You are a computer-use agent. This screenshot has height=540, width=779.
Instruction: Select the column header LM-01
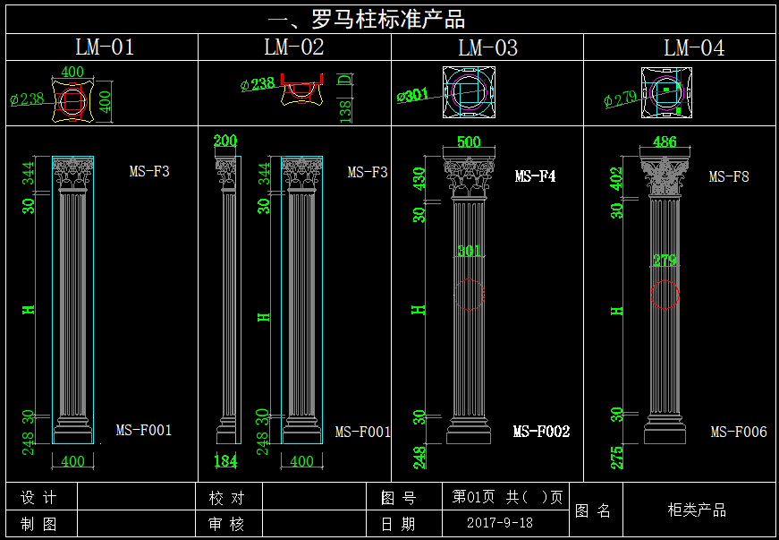pyautogui.click(x=105, y=47)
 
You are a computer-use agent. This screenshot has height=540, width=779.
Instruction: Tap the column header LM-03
pyautogui.click(x=487, y=48)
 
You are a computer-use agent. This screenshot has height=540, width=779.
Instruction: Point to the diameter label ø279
pyautogui.click(x=620, y=98)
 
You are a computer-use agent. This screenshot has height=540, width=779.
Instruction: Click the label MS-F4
pyautogui.click(x=535, y=176)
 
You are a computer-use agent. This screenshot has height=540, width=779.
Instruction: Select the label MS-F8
pyautogui.click(x=728, y=176)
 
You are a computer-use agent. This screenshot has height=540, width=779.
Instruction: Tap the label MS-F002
pyautogui.click(x=541, y=432)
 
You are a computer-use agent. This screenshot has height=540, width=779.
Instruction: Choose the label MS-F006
pyautogui.click(x=739, y=432)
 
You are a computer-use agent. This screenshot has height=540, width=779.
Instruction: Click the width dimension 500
pyautogui.click(x=469, y=142)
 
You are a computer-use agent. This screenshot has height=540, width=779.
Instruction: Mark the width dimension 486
pyautogui.click(x=665, y=142)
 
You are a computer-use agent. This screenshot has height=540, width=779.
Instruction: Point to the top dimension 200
pyautogui.click(x=226, y=141)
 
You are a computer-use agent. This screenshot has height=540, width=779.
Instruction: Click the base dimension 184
pyautogui.click(x=226, y=461)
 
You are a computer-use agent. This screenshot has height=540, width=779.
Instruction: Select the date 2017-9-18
pyautogui.click(x=500, y=523)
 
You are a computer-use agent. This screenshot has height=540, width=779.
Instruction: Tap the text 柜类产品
pyautogui.click(x=698, y=510)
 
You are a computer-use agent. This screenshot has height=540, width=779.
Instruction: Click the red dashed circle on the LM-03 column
pyautogui.click(x=470, y=294)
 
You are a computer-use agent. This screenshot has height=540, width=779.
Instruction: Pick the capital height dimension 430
pyautogui.click(x=417, y=180)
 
